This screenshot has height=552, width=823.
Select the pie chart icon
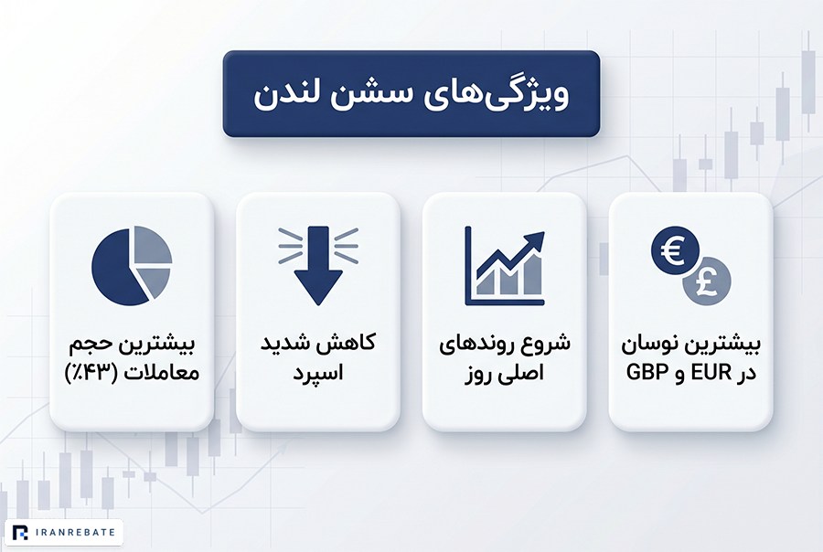[x=132, y=266]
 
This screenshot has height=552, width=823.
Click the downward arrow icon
[x=318, y=266]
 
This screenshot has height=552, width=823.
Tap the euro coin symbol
[x=675, y=250]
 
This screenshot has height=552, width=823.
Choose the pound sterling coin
[x=707, y=281]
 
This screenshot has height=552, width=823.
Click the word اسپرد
[x=318, y=374]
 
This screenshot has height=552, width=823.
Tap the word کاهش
[x=353, y=344]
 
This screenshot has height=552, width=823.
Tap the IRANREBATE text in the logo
[x=76, y=533]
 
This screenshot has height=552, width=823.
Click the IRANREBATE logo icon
[x=20, y=533]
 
